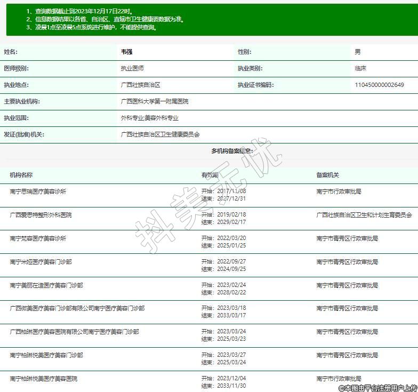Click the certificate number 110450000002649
tap(379, 85)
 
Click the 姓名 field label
tap(11, 52)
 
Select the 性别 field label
tap(244, 52)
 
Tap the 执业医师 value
tap(132, 68)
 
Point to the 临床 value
tap(361, 68)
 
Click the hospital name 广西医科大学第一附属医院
tap(155, 101)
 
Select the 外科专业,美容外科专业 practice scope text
tap(150, 118)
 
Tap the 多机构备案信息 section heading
tap(232, 151)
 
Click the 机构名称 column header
tap(21, 175)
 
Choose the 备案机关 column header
tap(327, 175)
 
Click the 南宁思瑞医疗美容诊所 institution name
tap(38, 191)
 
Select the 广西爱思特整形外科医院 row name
tap(41, 215)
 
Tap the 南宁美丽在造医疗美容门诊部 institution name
tap(46, 285)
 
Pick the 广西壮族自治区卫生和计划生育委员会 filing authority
tap(364, 215)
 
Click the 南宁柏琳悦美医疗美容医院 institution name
tap(44, 379)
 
